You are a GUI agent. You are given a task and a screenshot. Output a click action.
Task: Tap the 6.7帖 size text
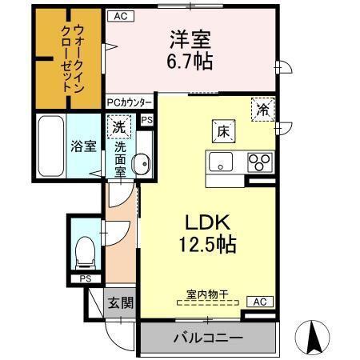(190, 61)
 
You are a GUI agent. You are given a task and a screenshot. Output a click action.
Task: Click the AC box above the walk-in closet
(119, 15)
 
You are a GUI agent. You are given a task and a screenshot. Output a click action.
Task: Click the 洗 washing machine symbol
(118, 126)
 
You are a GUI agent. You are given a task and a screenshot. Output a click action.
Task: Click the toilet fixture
(82, 250)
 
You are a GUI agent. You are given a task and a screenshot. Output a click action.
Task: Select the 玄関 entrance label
(122, 303)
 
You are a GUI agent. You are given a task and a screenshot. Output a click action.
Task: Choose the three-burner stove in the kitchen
(260, 162)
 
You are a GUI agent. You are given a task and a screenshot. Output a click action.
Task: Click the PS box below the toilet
(84, 278)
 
